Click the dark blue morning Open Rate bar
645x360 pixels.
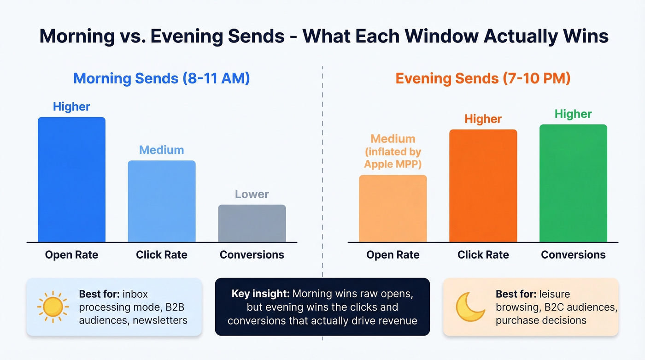point(71,180)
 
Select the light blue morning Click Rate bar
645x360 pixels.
point(162,201)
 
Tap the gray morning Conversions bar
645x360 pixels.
point(252,224)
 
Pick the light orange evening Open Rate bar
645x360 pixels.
point(393,209)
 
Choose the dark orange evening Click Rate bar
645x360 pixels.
point(483,186)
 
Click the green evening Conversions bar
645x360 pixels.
point(573,183)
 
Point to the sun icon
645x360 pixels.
point(53,307)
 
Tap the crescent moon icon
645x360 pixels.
point(469,307)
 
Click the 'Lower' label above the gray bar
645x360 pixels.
point(252,194)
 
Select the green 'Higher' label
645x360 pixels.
point(573,114)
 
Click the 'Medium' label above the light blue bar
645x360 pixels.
point(162,150)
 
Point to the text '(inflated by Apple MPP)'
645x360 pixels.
point(393,158)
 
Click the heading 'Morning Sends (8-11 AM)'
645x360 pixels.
point(162,78)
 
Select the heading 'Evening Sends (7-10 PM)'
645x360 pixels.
point(483,78)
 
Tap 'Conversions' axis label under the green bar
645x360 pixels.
point(573,254)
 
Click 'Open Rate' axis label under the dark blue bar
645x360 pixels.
point(71,254)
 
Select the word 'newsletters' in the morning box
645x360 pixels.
point(160,319)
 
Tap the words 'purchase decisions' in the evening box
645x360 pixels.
point(541,320)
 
